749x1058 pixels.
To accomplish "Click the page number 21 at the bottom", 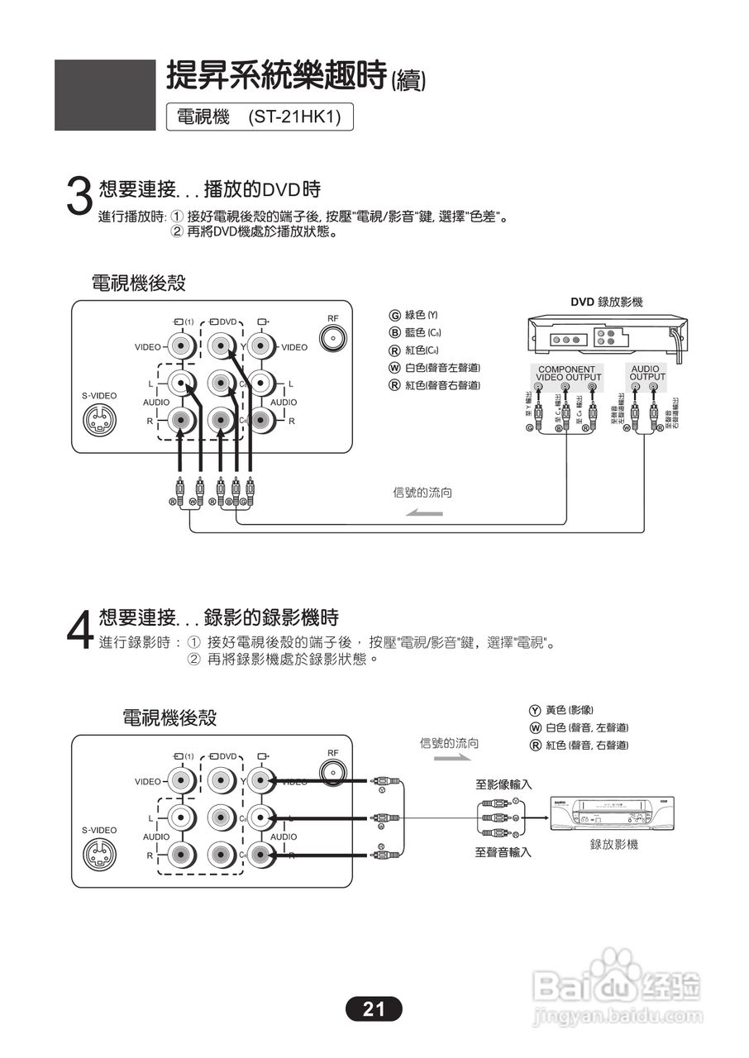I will pos(374,1008).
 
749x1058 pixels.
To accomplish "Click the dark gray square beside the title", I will pos(105,95).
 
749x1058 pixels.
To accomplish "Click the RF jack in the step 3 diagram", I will pos(332,339).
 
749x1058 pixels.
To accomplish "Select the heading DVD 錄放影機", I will pos(606,303).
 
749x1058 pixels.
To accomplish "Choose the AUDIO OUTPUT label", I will pos(646,374).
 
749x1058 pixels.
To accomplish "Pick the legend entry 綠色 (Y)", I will pos(414,315).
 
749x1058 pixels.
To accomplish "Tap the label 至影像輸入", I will pos(503,784).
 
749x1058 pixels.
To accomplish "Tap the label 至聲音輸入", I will pos(503,852).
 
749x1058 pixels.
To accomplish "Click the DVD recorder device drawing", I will pos(606,339).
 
